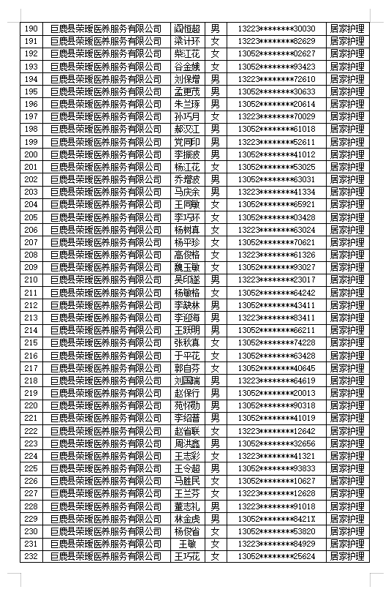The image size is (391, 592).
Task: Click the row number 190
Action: [31, 29]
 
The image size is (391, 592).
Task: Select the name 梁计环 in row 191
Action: [187, 41]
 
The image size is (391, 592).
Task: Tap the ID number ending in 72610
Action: [276, 79]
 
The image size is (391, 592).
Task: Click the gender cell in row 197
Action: [215, 116]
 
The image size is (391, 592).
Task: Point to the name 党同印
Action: [187, 142]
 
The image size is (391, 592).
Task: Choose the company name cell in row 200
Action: [106, 154]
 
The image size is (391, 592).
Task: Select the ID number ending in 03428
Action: [276, 217]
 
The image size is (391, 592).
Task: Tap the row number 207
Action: [31, 242]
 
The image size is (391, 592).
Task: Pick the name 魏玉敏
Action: [187, 267]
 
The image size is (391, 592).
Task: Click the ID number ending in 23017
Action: [276, 280]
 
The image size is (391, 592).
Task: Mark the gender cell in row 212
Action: [215, 305]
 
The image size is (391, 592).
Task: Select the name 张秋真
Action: [187, 342]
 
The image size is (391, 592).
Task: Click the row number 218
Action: [31, 381]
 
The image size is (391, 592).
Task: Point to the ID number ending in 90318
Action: [276, 405]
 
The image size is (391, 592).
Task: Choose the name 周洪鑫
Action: [187, 443]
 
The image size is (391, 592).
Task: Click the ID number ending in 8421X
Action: [276, 519]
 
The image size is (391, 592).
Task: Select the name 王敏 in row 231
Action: [187, 544]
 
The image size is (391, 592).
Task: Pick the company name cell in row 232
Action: [106, 556]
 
